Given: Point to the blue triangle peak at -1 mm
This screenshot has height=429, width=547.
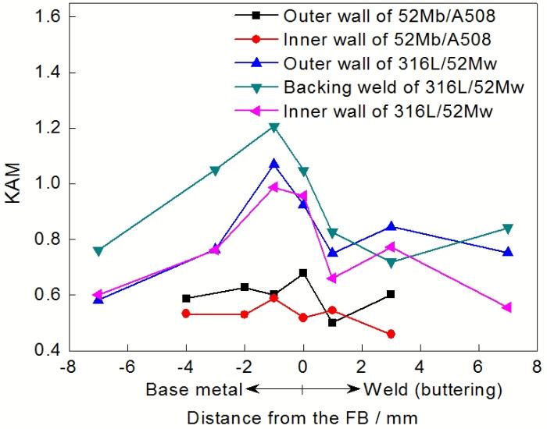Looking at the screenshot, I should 274,164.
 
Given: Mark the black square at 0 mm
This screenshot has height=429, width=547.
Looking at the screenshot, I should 303,273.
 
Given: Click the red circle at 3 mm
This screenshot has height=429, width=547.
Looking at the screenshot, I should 391,334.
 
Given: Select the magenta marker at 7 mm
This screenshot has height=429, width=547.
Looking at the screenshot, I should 507,307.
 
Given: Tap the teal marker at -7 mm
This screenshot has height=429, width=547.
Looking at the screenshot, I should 98,251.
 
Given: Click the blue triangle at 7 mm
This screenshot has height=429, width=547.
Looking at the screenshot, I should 508,252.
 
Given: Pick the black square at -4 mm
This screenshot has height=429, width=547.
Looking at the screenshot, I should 186,298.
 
